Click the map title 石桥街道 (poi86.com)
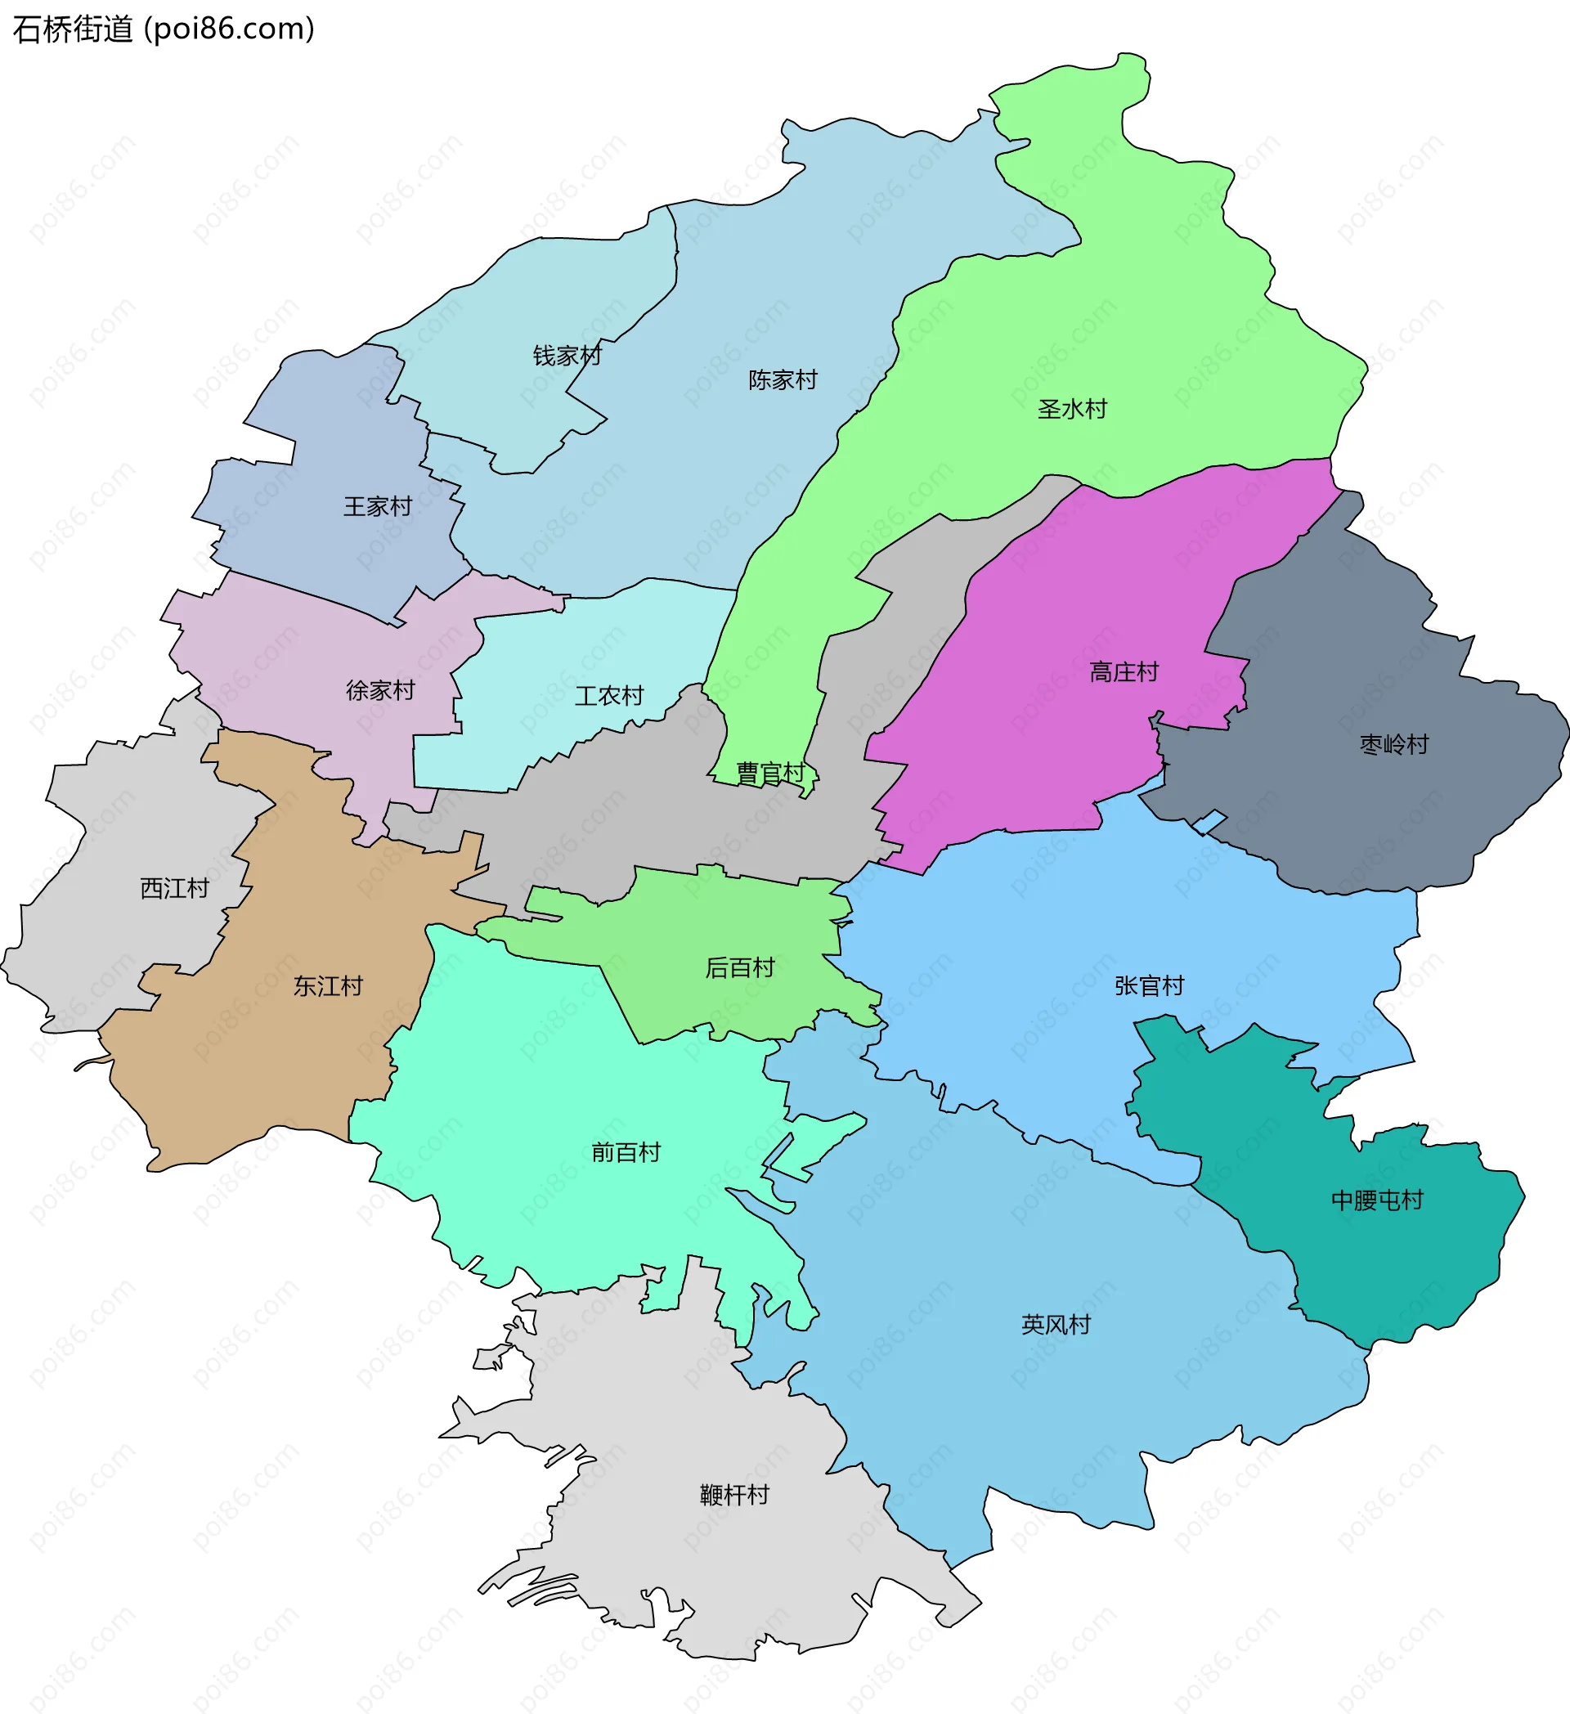(x=164, y=29)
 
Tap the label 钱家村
(x=567, y=356)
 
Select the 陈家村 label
(x=783, y=380)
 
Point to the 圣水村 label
(x=1072, y=409)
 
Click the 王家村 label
(x=378, y=507)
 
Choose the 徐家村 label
(x=380, y=690)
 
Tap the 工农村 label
(x=608, y=695)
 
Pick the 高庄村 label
(x=1124, y=672)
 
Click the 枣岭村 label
(x=1394, y=745)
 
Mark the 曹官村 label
(x=770, y=773)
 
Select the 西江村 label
(x=174, y=888)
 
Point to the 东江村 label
(x=328, y=986)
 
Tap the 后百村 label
(x=739, y=967)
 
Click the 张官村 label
(x=1149, y=986)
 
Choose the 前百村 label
(x=626, y=1153)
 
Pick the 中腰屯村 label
(x=1377, y=1200)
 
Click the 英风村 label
(x=1056, y=1325)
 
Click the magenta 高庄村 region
(x=1062, y=595)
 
